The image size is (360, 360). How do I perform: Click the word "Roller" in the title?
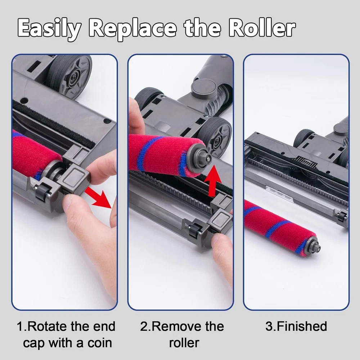click(x=262, y=28)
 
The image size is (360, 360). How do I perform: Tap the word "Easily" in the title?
click(x=49, y=29)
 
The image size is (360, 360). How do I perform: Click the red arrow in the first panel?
click(x=98, y=197)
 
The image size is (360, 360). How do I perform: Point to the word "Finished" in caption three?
click(x=302, y=326)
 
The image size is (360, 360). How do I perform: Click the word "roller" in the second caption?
click(x=184, y=343)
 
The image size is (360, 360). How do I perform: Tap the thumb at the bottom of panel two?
click(x=222, y=255)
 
